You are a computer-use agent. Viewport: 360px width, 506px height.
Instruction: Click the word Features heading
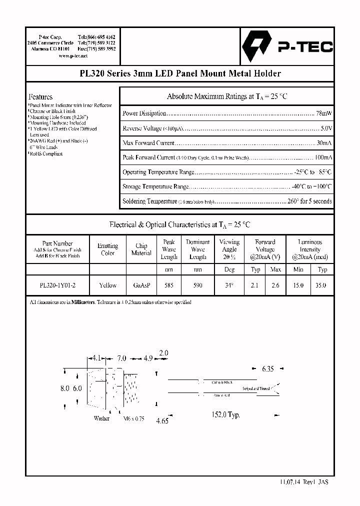point(40,96)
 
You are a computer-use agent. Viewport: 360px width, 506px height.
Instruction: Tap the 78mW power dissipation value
point(324,113)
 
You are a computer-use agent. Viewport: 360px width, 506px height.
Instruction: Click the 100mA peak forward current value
point(322,157)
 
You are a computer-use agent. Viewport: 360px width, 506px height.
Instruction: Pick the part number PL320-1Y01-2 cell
point(58,285)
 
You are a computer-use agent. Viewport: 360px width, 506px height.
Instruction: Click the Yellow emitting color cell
point(107,285)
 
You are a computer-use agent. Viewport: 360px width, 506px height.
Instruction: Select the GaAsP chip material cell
point(141,285)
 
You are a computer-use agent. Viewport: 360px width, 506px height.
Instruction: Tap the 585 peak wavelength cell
point(169,285)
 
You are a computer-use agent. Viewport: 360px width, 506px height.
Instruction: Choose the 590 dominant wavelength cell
point(197,285)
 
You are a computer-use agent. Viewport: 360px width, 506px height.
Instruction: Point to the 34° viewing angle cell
point(229,285)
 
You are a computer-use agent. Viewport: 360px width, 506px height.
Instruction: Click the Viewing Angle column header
point(229,249)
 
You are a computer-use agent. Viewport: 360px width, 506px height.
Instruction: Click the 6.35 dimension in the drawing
point(267,369)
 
